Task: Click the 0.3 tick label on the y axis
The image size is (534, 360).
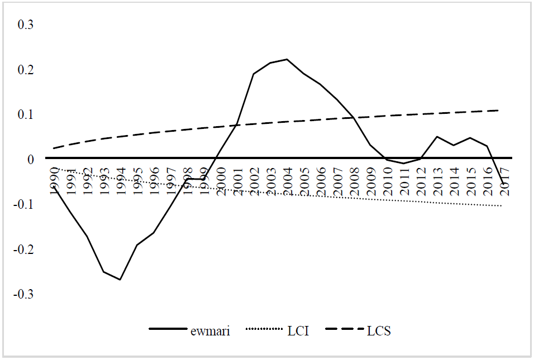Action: click(27, 25)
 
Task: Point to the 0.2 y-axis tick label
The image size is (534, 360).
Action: click(27, 70)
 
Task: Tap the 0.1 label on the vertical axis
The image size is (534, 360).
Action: click(27, 114)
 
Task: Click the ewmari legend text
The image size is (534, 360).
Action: click(210, 331)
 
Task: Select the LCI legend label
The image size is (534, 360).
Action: click(298, 331)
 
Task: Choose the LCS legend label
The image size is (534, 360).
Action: click(379, 331)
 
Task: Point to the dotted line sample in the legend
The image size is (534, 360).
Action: click(261, 330)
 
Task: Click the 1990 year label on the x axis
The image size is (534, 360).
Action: click(54, 180)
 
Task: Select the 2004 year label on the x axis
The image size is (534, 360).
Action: click(288, 180)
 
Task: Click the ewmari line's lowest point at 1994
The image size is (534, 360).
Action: click(120, 279)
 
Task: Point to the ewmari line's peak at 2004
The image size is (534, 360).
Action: click(287, 59)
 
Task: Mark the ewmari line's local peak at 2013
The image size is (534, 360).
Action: click(437, 137)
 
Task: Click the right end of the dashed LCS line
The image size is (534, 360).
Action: click(498, 111)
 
